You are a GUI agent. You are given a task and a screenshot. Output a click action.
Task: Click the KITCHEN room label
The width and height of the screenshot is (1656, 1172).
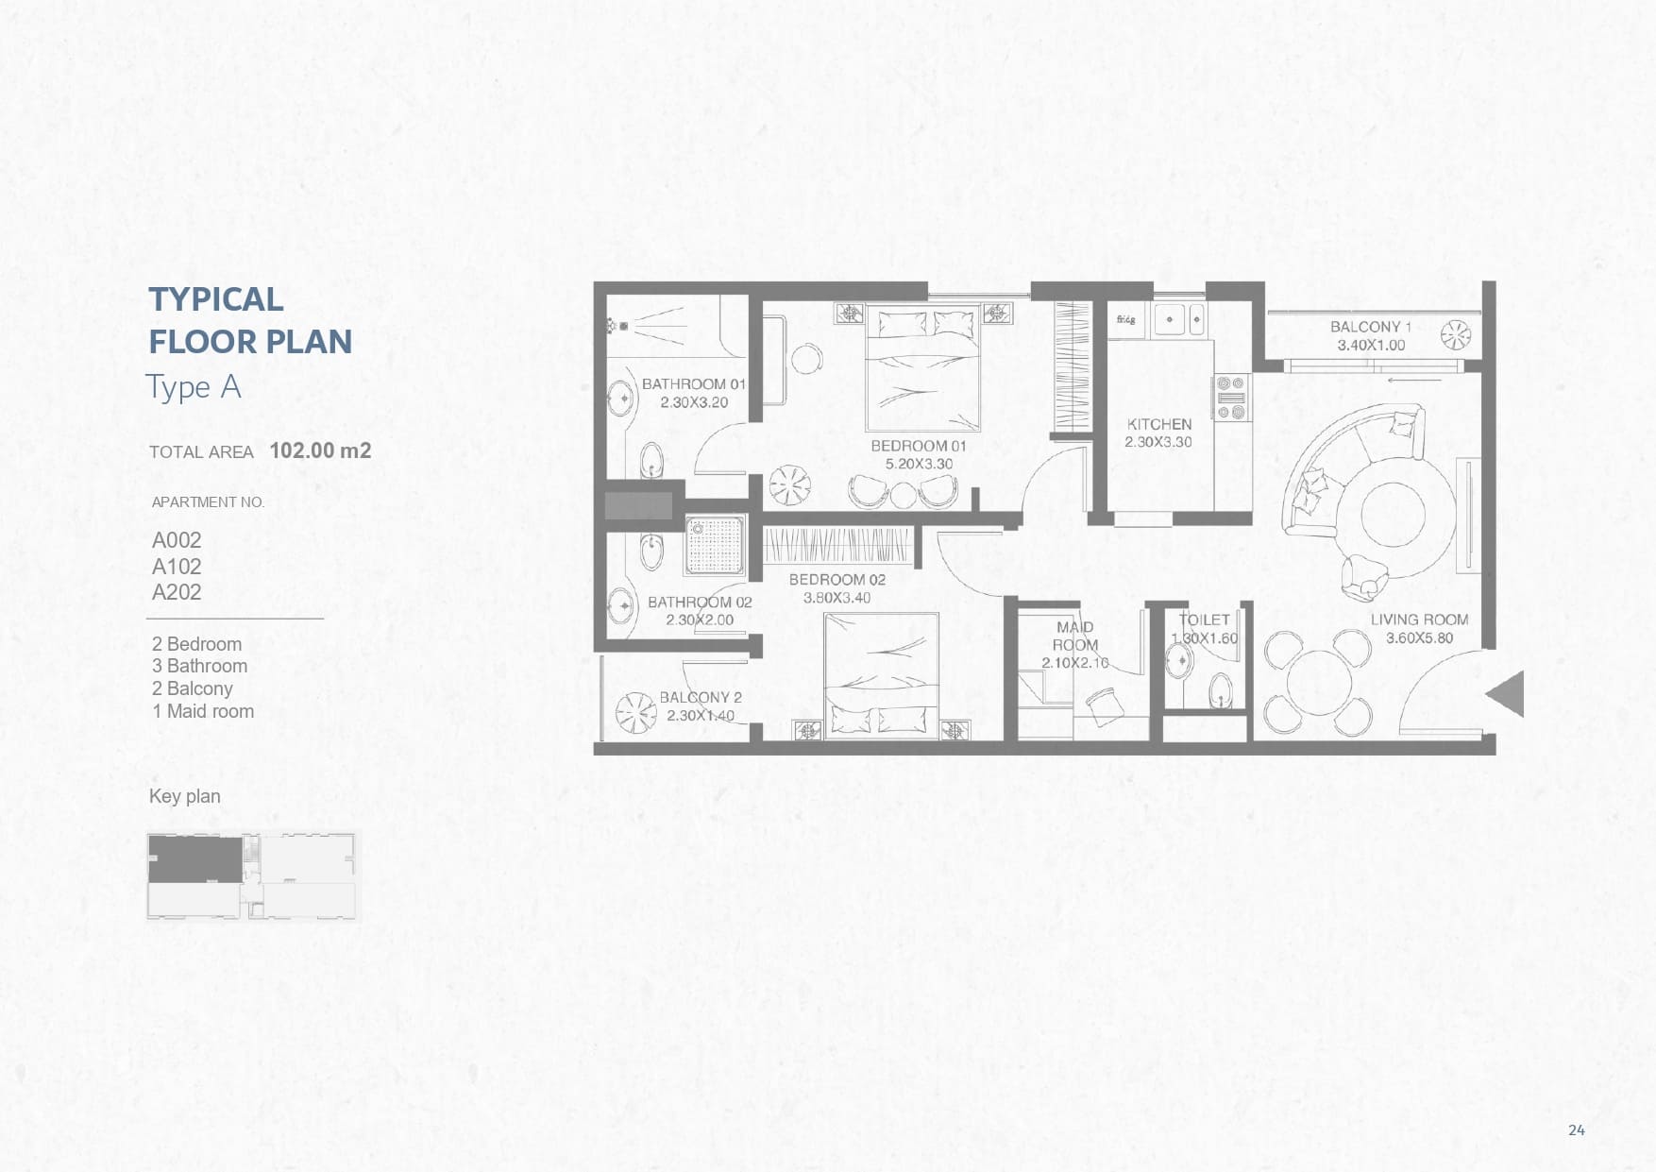(x=1158, y=425)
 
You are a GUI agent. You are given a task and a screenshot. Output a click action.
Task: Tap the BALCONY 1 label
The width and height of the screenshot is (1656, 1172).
(x=1371, y=327)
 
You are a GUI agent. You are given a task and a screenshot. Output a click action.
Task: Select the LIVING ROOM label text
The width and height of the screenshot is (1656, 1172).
(x=1419, y=620)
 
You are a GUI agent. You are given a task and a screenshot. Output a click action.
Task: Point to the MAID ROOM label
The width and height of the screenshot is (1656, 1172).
(x=1075, y=636)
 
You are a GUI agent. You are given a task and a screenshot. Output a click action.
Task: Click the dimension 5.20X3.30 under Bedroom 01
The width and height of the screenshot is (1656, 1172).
(x=919, y=464)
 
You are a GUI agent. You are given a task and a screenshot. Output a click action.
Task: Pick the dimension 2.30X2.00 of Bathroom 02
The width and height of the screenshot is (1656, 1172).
(x=700, y=620)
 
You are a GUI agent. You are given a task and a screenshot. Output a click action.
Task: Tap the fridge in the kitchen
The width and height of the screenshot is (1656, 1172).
(x=1125, y=320)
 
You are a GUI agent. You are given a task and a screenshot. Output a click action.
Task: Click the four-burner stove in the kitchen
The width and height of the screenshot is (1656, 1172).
(x=1230, y=398)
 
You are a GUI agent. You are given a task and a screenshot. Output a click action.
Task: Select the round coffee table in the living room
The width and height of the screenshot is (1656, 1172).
(x=1393, y=515)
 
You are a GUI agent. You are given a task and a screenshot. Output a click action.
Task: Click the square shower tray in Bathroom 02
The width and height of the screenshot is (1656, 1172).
(x=715, y=546)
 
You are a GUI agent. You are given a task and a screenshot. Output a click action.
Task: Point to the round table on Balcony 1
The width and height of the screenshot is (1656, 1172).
(x=1457, y=334)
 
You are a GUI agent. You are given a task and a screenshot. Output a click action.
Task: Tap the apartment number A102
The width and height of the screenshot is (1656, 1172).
(x=177, y=567)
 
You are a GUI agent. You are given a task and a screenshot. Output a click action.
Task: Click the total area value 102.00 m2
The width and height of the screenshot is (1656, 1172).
(x=320, y=450)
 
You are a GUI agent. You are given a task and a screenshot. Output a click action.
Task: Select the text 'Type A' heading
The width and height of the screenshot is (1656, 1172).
(x=194, y=387)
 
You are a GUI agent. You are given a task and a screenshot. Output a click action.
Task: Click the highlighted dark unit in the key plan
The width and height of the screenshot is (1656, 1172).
(x=194, y=859)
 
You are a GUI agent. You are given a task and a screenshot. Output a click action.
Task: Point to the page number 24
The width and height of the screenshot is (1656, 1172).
(x=1577, y=1130)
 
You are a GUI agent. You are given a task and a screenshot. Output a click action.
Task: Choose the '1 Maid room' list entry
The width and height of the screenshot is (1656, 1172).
(x=203, y=711)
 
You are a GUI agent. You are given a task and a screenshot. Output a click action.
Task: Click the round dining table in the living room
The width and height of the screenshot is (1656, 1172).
(x=1318, y=682)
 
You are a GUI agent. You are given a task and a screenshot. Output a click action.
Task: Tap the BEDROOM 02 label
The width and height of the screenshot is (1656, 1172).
(x=837, y=580)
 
